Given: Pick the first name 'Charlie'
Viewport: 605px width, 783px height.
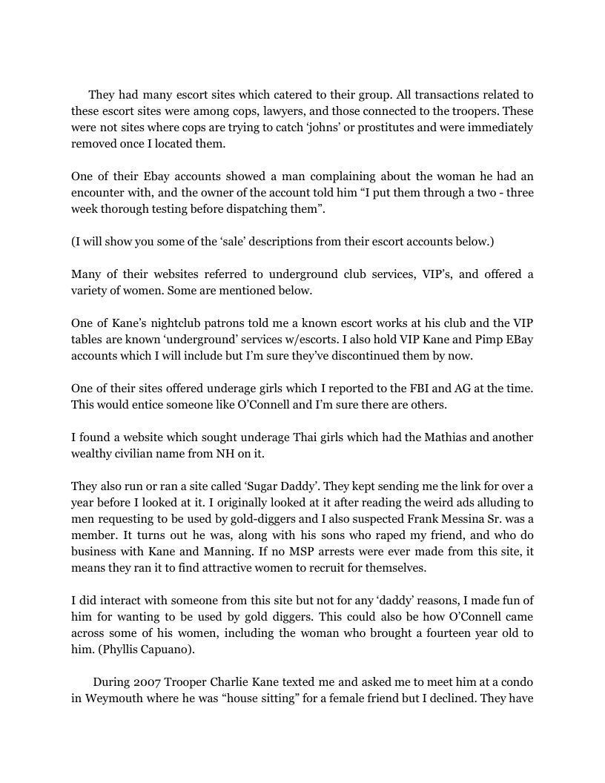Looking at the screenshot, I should pyautogui.click(x=234, y=682).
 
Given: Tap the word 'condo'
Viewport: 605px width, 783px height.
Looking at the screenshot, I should pyautogui.click(x=515, y=682).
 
